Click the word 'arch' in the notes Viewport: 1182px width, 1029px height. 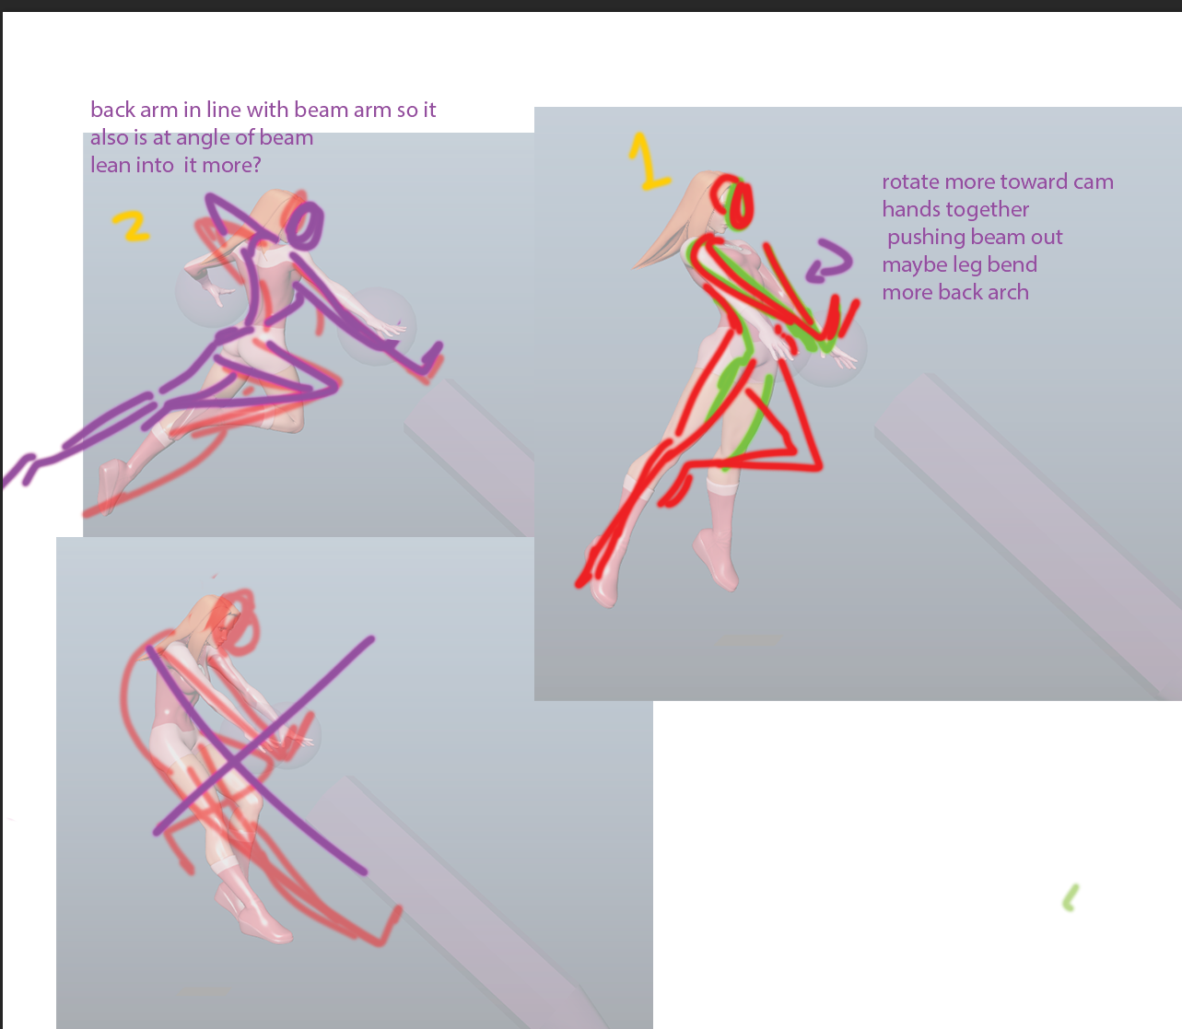tap(1008, 292)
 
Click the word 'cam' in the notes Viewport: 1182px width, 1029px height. tap(1093, 182)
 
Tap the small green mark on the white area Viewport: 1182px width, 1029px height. tap(1070, 898)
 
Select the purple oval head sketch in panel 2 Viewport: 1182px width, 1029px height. tap(304, 225)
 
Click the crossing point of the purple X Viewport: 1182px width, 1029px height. tap(235, 764)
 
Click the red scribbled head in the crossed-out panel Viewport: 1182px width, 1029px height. tap(238, 621)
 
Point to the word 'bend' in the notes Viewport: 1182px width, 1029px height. tap(1014, 265)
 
